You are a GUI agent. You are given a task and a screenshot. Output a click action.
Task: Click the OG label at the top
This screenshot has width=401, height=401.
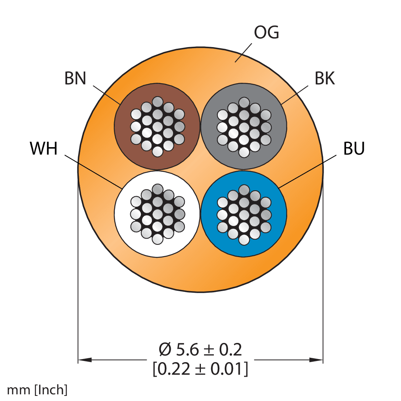pos(266,33)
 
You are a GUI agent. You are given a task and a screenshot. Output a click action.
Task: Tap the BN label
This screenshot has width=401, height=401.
pos(75,78)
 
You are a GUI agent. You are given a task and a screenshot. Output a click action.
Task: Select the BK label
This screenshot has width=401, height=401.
pos(324,78)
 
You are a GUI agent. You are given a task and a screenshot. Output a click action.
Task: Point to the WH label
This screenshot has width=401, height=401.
pos(44,148)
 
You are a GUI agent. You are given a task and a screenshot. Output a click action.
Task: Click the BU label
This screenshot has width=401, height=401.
pos(354,148)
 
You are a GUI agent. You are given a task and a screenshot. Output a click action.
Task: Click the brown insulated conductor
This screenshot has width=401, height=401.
pos(157,126)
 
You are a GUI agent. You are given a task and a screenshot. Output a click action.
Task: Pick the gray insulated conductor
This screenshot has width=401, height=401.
pos(244,126)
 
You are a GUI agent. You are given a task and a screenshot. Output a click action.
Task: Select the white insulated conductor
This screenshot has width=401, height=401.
pos(157,214)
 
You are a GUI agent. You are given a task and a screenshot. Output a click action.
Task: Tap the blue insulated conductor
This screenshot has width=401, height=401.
pos(244,214)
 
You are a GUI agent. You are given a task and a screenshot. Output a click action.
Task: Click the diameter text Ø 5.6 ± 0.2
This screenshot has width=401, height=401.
pos(200,350)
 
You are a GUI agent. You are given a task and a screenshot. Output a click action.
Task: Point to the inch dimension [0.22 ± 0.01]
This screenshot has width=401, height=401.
pos(200,369)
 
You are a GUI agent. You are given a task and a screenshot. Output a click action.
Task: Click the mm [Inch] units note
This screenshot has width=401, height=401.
pos(37,390)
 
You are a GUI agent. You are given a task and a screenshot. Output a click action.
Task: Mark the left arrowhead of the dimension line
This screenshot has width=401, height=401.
pos(85,360)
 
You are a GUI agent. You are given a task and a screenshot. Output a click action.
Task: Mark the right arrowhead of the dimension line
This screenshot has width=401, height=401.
pos(316,360)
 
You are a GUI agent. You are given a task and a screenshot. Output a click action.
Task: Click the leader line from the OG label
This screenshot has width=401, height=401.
pos(243,53)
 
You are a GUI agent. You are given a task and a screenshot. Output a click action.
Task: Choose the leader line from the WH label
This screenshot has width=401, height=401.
pos(93,171)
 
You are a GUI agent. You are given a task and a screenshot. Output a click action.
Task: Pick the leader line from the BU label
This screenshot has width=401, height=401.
pos(307,171)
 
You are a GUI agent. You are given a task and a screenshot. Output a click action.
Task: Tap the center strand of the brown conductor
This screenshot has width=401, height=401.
pos(158,127)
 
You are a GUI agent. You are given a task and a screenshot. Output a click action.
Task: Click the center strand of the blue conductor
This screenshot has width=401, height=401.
pos(244,215)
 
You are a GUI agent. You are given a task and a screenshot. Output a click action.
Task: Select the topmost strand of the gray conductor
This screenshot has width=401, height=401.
pos(244,102)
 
